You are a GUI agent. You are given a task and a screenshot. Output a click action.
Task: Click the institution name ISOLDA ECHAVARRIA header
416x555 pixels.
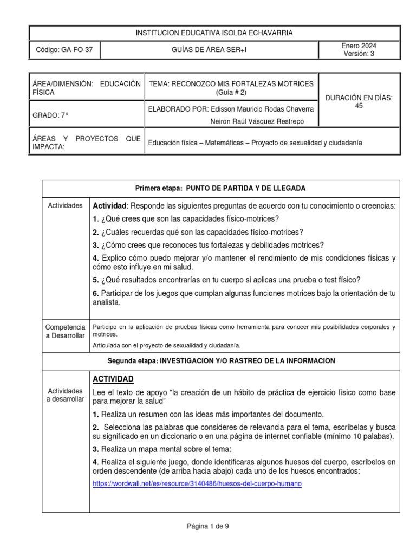coord(214,33)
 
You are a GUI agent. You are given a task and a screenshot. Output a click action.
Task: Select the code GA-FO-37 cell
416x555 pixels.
coord(64,50)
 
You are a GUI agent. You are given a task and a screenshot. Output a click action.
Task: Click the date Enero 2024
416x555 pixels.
coord(359,46)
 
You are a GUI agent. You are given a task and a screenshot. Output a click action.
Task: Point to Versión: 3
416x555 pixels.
coord(359,54)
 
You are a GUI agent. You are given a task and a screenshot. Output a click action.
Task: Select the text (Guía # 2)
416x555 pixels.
coord(231,92)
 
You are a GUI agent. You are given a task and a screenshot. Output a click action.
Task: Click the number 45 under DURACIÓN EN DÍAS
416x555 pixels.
coord(359,106)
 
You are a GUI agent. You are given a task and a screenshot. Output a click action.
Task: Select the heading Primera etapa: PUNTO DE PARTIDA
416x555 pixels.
coord(220,188)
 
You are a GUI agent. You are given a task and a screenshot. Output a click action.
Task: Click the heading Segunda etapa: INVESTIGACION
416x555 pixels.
coord(220,360)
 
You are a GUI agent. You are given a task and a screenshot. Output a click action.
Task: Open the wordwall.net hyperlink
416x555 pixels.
coord(197,484)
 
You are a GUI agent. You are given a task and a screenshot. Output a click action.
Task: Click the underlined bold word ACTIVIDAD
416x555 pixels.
coord(113,379)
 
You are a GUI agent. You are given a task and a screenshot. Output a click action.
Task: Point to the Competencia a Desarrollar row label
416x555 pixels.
coord(66,332)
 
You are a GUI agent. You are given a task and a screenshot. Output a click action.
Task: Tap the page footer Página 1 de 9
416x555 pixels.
coord(208,525)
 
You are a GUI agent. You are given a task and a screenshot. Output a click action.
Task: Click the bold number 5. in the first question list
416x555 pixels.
coord(96,280)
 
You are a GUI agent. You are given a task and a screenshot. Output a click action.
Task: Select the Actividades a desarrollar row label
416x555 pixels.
coord(66,395)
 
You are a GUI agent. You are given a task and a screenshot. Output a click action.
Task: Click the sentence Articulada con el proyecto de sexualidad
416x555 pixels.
coord(167,345)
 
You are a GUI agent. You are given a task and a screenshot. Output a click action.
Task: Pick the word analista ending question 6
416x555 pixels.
coord(107,303)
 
